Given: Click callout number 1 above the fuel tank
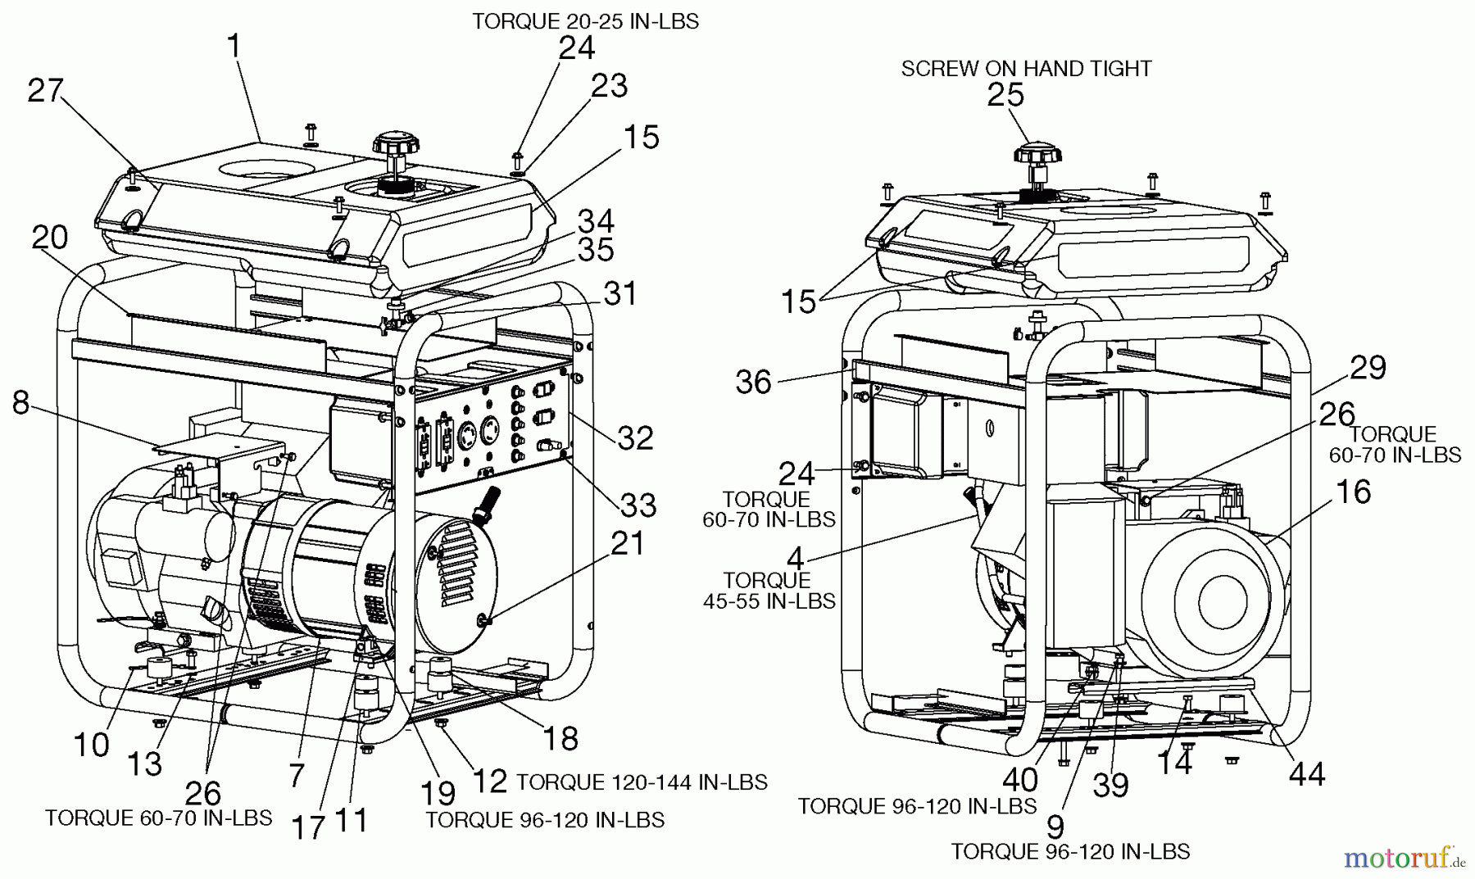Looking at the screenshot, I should click(235, 47).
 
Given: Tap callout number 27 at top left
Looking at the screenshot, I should click(45, 90).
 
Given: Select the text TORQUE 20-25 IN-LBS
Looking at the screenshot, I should click(585, 21).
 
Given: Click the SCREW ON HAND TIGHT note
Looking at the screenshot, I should click(1026, 69).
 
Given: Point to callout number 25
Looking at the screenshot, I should click(1005, 96).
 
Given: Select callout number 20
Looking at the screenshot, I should click(49, 238).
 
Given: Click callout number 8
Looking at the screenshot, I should click(21, 403).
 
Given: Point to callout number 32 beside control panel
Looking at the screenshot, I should click(635, 438).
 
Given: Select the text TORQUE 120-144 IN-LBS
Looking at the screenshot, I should click(642, 782).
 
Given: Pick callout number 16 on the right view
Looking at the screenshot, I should click(1353, 492).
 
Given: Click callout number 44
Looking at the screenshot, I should click(1306, 773).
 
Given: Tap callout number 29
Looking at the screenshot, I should click(1367, 368).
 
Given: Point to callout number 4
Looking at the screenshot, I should click(794, 559).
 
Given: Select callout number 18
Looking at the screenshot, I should click(560, 738).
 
